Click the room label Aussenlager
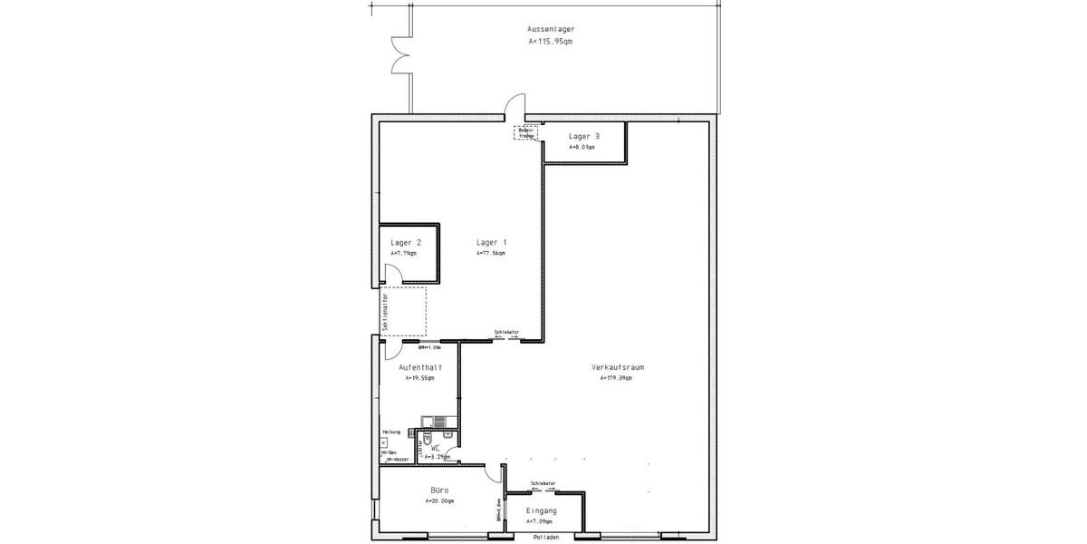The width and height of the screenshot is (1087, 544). point(551,29)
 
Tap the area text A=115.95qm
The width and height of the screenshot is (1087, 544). point(551,42)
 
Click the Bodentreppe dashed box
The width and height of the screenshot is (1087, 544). point(526,132)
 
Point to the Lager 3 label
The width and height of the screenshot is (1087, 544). point(583,136)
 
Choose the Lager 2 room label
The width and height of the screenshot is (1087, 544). point(405,242)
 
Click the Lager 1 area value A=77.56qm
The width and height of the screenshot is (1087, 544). point(491,254)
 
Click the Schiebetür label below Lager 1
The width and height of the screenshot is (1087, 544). point(506,332)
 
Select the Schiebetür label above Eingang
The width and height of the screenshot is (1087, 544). point(543,484)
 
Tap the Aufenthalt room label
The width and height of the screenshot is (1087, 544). point(420,366)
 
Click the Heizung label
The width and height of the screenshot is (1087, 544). point(390,432)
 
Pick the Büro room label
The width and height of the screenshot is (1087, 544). point(438,490)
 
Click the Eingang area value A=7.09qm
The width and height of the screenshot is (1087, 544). point(543,522)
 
